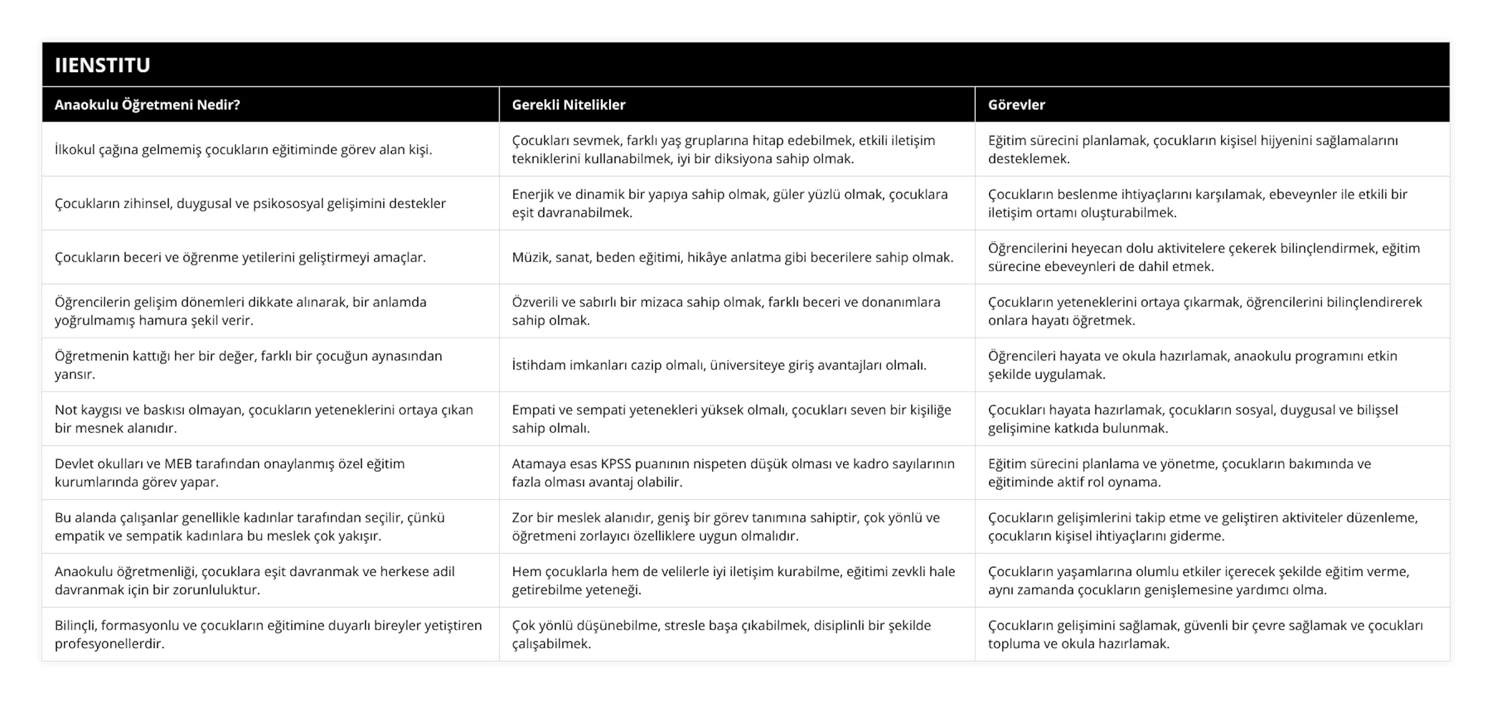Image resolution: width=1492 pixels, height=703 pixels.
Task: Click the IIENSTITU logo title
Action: pos(103,65)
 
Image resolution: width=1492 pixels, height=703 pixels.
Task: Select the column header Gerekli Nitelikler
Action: pos(568,105)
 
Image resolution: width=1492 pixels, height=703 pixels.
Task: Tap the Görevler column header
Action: pos(1016,105)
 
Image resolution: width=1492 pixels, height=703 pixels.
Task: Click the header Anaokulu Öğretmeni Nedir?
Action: pos(147,105)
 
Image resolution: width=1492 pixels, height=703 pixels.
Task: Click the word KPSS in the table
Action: pos(616,464)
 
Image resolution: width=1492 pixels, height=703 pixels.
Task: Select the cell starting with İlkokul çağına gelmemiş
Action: pos(243,149)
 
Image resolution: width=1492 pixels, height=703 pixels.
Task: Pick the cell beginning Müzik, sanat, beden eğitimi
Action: pos(732,257)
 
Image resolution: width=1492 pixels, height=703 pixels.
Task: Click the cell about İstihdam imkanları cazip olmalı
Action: pos(719,365)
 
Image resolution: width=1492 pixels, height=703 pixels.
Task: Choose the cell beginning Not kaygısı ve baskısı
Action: pos(264,419)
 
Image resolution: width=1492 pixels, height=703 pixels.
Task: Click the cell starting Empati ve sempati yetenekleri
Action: pos(731,419)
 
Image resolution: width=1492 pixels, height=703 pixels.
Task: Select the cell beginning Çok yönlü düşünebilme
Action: pos(721,634)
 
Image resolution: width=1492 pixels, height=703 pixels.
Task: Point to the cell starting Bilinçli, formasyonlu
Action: pos(268,634)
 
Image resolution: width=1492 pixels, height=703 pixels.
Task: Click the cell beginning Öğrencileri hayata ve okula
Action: pos(1192,365)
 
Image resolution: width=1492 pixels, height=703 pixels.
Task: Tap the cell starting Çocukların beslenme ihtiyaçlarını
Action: pos(1197,203)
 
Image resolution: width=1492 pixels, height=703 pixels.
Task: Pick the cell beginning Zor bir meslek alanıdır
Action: pos(725,526)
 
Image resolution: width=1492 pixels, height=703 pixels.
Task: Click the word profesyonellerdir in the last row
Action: pos(109,644)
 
